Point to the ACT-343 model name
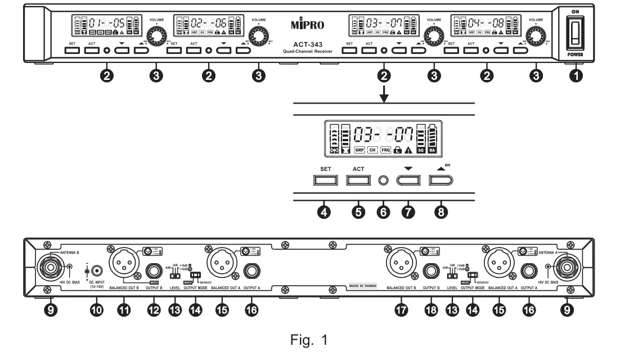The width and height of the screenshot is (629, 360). tap(308, 45)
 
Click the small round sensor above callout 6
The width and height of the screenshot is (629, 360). tap(384, 181)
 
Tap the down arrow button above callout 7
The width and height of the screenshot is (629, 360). tap(408, 181)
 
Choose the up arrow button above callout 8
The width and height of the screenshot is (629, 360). tap(441, 181)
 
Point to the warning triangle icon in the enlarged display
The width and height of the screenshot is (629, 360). tap(408, 151)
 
